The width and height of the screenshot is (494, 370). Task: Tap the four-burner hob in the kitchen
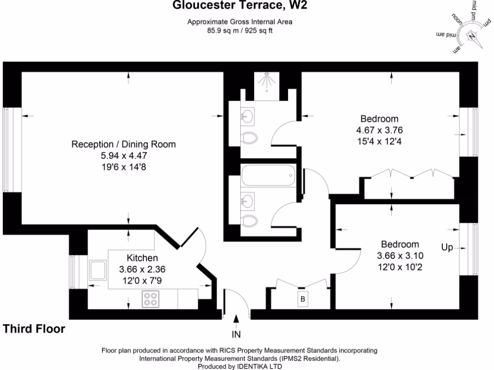(x=151, y=299)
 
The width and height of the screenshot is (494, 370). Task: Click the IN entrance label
(x=236, y=334)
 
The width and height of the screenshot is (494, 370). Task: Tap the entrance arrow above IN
(x=236, y=319)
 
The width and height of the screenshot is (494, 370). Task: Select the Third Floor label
(x=34, y=329)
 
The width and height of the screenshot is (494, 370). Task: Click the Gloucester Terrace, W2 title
(x=240, y=6)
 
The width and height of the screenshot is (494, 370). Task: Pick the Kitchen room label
(x=142, y=258)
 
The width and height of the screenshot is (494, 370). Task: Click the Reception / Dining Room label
(x=123, y=144)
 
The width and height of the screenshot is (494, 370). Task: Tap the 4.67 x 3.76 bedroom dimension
(x=379, y=130)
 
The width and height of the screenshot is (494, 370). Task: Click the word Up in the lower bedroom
(x=447, y=248)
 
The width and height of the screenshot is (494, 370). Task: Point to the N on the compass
(x=472, y=36)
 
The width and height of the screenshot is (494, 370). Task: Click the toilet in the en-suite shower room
(x=249, y=139)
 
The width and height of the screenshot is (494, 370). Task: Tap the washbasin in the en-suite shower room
(x=248, y=116)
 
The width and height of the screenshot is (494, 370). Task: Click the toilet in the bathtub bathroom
(x=249, y=221)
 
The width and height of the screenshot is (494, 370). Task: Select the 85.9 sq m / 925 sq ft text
(x=240, y=30)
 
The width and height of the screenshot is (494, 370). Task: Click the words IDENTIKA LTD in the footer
(x=258, y=367)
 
